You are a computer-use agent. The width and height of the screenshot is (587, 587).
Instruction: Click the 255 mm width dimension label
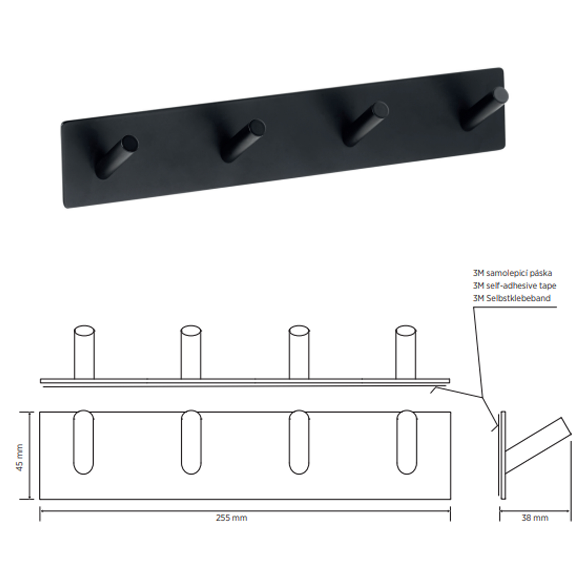pyautogui.click(x=232, y=518)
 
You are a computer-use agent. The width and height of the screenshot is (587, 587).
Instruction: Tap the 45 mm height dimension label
pyautogui.click(x=19, y=458)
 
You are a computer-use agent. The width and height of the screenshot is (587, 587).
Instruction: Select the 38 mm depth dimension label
pyautogui.click(x=535, y=518)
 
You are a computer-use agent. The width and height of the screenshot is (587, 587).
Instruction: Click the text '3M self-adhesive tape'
pyautogui.click(x=515, y=286)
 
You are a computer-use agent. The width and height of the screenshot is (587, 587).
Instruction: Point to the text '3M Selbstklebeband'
pyautogui.click(x=512, y=298)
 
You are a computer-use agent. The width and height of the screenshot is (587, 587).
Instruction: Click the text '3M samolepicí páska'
pyautogui.click(x=512, y=273)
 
